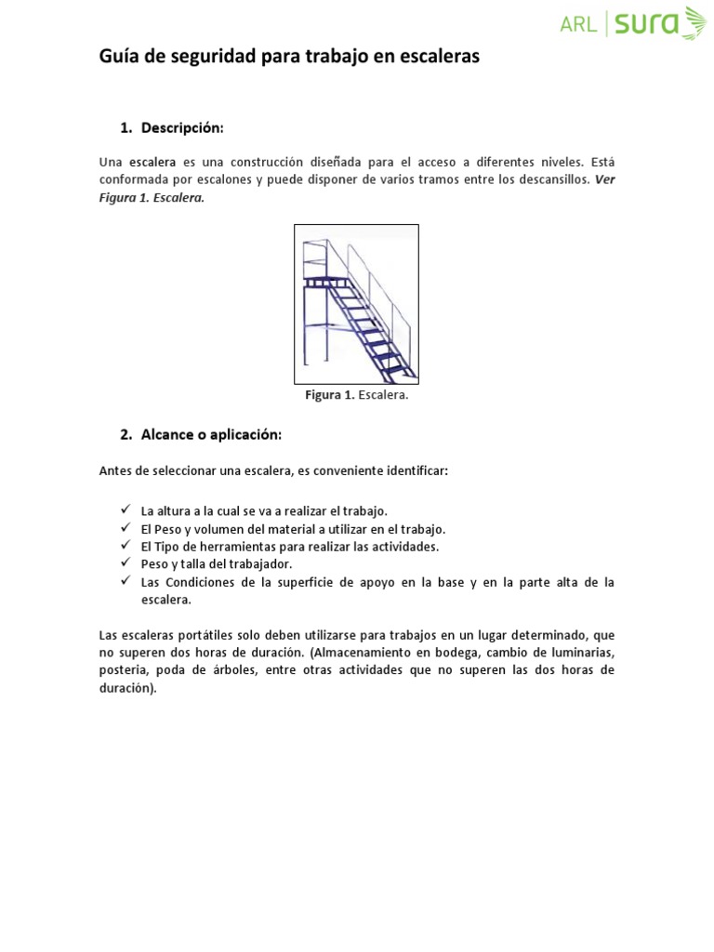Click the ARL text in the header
tap(578, 25)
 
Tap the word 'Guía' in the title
tap(116, 57)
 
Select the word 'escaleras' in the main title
tap(440, 57)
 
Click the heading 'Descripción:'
tap(183, 126)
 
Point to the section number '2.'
tap(126, 434)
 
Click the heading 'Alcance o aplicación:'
tap(211, 434)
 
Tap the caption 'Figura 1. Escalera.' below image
tap(357, 395)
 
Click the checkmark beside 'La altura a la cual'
tap(126, 511)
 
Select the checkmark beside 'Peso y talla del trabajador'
tap(126, 563)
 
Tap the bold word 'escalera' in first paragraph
tap(153, 162)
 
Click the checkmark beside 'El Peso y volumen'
tap(126, 529)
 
